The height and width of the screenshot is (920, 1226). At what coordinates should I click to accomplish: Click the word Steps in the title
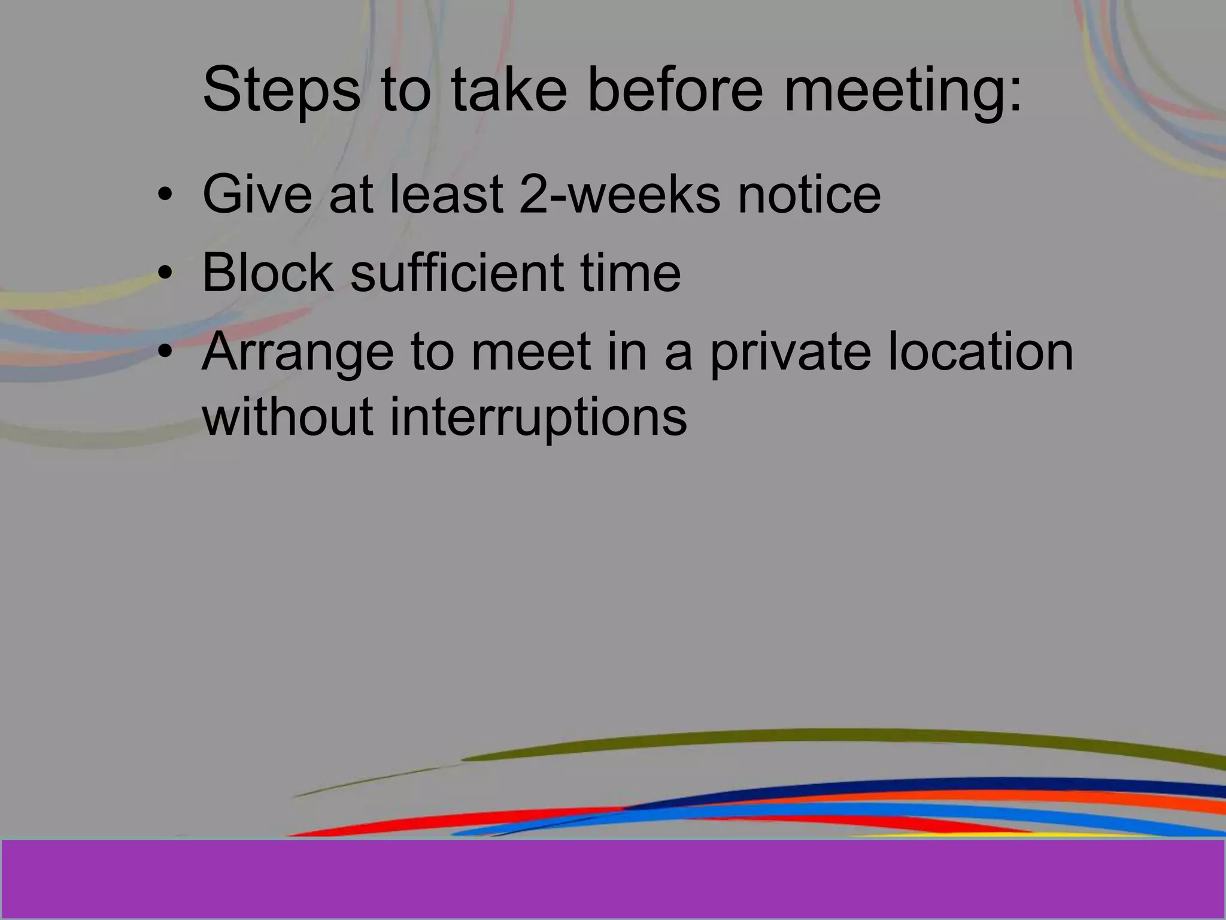pyautogui.click(x=281, y=91)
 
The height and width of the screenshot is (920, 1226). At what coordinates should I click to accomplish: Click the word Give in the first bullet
pyautogui.click(x=257, y=194)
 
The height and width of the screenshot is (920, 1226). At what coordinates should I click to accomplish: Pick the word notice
pyautogui.click(x=809, y=194)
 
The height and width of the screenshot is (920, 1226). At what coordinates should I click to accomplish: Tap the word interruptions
pyautogui.click(x=538, y=417)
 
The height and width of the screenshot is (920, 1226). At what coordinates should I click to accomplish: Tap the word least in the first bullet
pyautogui.click(x=447, y=194)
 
